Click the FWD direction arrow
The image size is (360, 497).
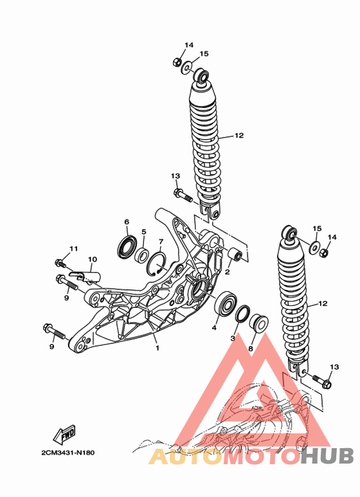(x=64, y=434)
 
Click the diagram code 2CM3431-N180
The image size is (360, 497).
(x=67, y=453)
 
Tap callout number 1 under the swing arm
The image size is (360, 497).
(x=157, y=348)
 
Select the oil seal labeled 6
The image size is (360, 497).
(x=127, y=246)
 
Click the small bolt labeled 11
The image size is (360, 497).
(x=60, y=263)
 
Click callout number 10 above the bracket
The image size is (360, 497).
(x=93, y=260)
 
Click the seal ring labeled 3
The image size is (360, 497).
(x=243, y=314)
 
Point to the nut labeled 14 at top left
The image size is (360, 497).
(x=177, y=62)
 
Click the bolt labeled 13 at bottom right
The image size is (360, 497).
(x=322, y=381)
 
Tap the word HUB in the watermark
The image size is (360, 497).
(x=327, y=456)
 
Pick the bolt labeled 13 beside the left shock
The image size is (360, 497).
(x=183, y=195)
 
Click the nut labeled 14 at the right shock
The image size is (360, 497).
(x=323, y=253)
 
